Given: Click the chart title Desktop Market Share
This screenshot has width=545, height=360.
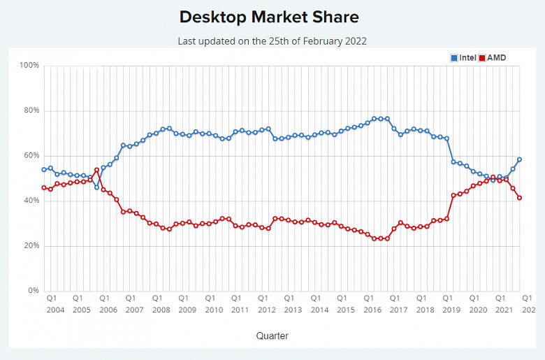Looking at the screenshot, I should [269, 17].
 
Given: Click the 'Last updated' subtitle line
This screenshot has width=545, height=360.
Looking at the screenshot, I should [272, 41].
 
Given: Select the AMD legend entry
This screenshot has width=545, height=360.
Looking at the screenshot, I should [495, 57].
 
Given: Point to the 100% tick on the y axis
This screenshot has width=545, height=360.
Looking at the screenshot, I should [29, 66].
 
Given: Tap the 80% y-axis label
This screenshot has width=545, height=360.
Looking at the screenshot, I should [31, 110].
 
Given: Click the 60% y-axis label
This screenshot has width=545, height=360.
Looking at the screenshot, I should [31, 156].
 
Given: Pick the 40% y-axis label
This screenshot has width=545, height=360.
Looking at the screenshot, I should [31, 201].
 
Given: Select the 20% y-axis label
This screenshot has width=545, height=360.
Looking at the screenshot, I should [31, 246].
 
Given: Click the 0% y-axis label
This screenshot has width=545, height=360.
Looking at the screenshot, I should [33, 291].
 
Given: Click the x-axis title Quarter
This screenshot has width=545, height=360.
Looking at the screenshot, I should [272, 336].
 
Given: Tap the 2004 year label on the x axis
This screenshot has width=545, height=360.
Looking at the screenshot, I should [55, 309].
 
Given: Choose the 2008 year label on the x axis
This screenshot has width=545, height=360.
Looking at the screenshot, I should [161, 309].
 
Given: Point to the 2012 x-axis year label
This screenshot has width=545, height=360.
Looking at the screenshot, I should [266, 309].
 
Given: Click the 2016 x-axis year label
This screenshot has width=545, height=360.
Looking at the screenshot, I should [372, 309].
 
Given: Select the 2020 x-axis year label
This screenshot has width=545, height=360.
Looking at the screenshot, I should [477, 309].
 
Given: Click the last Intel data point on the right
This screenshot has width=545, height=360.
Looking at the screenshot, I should [519, 160].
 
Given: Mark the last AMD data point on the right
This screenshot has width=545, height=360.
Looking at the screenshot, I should [519, 198].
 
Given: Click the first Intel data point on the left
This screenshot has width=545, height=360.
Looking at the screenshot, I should [44, 169].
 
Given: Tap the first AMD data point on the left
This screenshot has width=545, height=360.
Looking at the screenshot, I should [44, 187].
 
